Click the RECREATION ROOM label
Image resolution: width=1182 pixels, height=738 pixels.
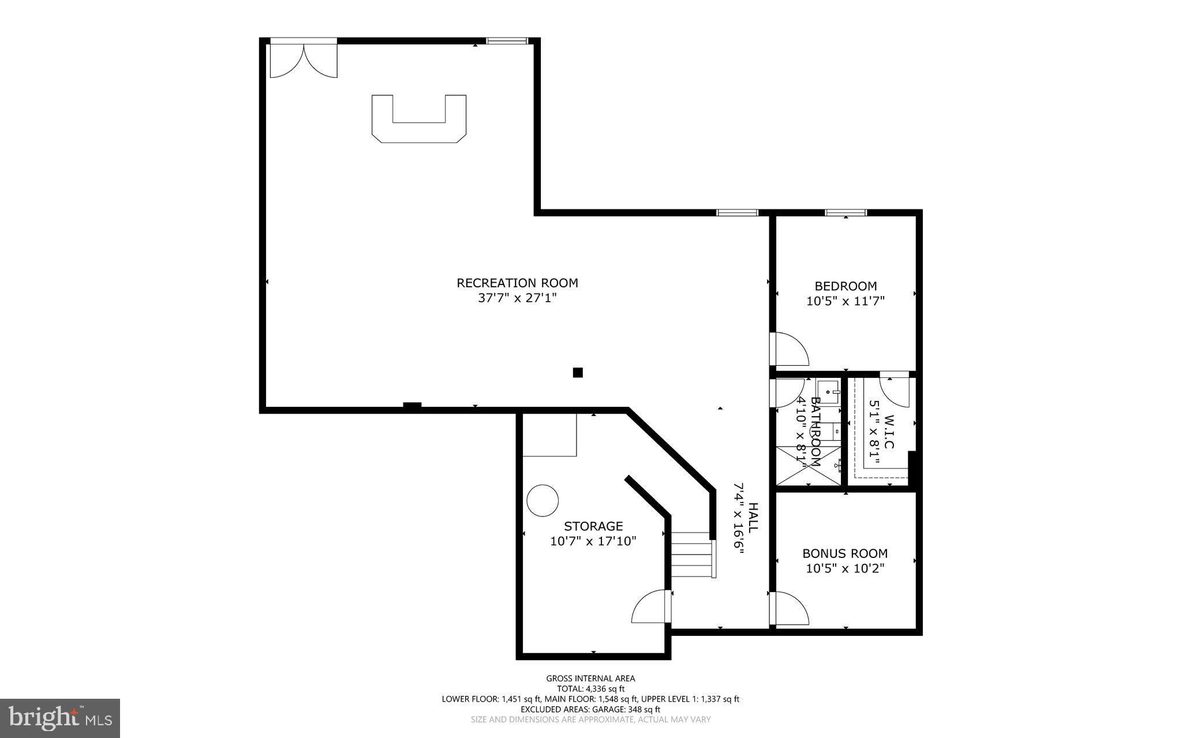click(517, 283)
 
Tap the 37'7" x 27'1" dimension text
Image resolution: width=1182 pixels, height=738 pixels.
click(517, 298)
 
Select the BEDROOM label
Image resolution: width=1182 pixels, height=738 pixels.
click(846, 286)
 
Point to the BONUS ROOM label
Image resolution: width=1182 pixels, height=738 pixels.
click(845, 553)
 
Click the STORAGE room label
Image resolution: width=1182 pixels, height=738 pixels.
click(593, 526)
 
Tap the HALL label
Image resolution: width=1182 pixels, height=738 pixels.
click(753, 518)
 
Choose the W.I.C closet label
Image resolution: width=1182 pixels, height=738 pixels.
click(889, 432)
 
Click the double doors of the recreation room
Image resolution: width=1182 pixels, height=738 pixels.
click(304, 61)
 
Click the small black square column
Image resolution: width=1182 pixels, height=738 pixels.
click(578, 373)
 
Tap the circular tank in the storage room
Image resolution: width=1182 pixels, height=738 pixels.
click(543, 501)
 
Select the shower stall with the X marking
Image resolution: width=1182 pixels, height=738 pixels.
click(807, 466)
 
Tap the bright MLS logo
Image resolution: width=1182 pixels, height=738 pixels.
click(60, 718)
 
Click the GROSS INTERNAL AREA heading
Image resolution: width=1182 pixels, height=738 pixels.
click(590, 679)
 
